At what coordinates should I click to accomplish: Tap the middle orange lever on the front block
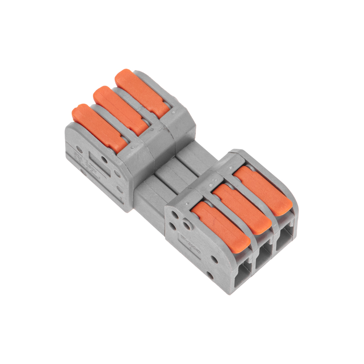241,207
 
